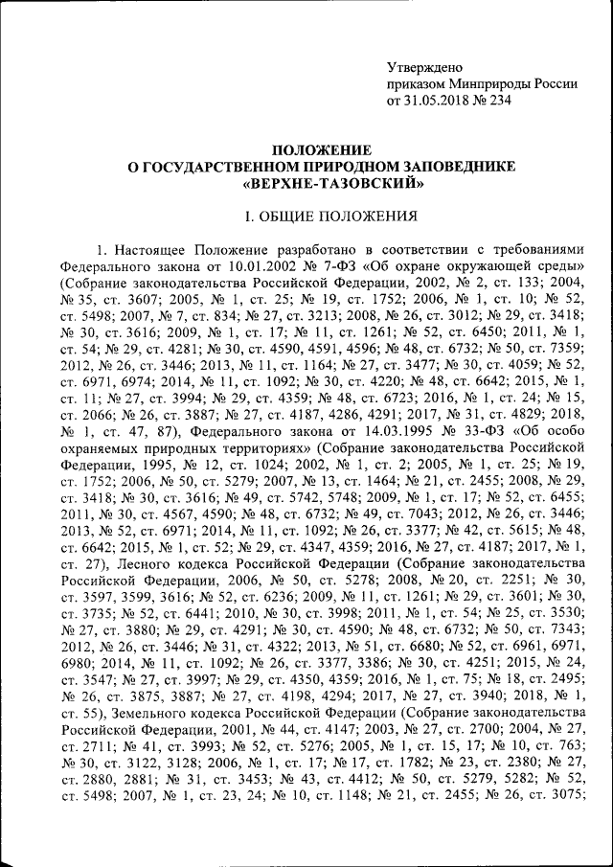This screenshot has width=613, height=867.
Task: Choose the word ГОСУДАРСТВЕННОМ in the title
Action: (217, 167)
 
